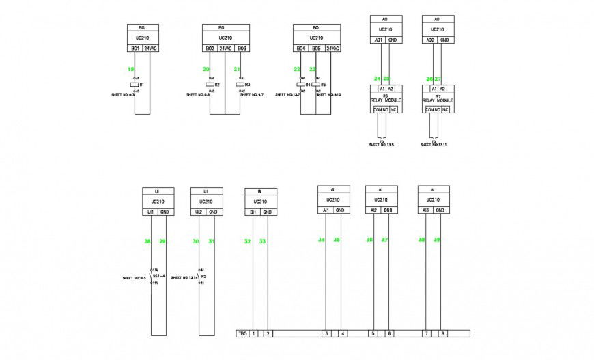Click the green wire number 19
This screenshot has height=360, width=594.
(x=130, y=69)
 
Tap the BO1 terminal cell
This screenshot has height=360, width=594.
(x=135, y=49)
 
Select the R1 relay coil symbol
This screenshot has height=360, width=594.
(x=135, y=85)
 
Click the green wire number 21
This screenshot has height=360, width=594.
(x=236, y=69)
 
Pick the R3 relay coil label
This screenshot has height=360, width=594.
(x=247, y=85)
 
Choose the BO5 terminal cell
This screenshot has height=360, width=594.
(x=316, y=49)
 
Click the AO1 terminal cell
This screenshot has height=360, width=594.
(x=378, y=40)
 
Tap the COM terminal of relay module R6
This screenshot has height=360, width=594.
(x=378, y=109)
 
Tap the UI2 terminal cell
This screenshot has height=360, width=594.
(x=199, y=212)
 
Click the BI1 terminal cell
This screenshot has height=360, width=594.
(x=253, y=212)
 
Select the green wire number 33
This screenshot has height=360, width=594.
(x=263, y=241)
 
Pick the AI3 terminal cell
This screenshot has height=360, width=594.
(x=425, y=210)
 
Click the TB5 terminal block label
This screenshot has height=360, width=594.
(x=241, y=333)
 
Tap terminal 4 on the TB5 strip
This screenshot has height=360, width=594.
(x=343, y=333)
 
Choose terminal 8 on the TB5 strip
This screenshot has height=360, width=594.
(x=443, y=333)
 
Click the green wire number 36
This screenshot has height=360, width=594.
(x=369, y=240)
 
